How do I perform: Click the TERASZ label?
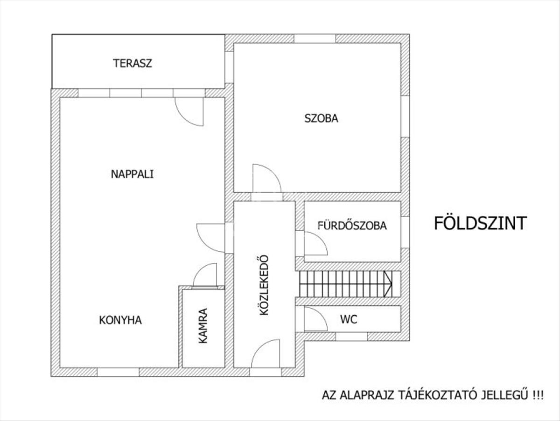133,63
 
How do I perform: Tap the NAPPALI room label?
132,174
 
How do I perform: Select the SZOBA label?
321,118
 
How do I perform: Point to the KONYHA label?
120,320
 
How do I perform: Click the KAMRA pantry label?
203,326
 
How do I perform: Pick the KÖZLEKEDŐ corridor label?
264,285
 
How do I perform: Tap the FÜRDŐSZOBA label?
352,226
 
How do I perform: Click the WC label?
349,319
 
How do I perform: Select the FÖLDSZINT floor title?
480,223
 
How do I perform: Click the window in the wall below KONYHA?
118,372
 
